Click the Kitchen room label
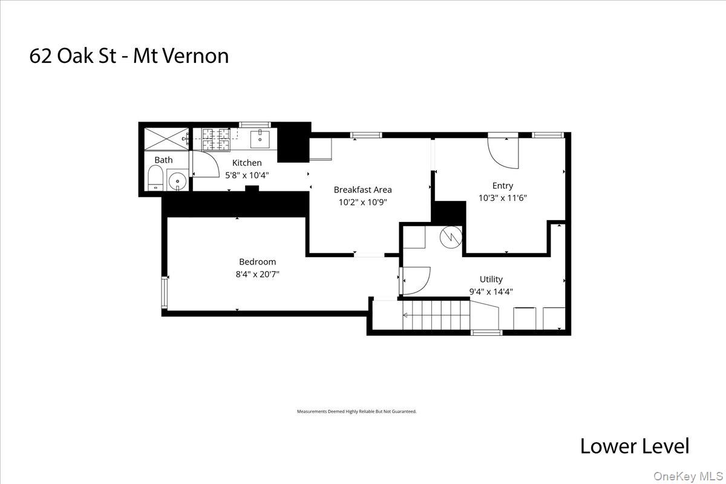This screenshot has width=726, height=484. point(247,163)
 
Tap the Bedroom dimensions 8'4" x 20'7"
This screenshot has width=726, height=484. point(258,274)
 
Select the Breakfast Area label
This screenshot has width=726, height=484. point(362,189)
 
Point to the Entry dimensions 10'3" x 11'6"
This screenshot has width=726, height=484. point(503,198)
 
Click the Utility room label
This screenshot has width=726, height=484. point(491,279)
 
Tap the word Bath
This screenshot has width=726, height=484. point(163,160)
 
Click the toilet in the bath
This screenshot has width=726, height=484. point(155,179)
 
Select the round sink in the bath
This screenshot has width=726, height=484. point(177,180)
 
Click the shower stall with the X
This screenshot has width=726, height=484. point(166,139)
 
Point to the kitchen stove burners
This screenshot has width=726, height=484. point(216,140)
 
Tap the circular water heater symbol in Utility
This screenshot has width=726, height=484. point(451,237)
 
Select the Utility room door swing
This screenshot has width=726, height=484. point(414,280)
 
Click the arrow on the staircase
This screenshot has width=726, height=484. point(406,315)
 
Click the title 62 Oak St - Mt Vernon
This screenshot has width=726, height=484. point(129,56)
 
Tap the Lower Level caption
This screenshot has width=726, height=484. point(634,446)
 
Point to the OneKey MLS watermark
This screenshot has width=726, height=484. point(688,477)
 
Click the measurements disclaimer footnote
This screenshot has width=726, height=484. point(356,411)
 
